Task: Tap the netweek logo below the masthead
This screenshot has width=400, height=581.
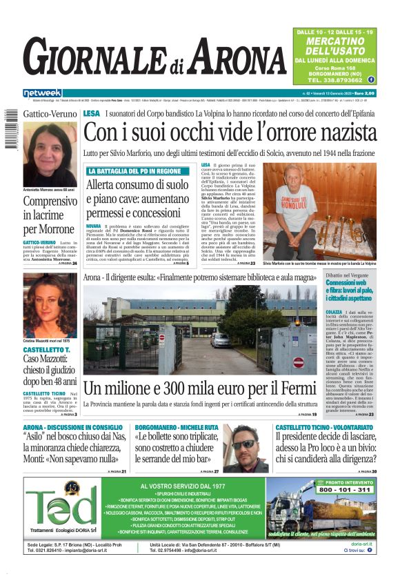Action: [x=42, y=93]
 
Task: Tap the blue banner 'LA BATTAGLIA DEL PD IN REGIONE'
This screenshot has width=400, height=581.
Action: [x=135, y=170]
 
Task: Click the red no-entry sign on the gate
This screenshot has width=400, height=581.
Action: [x=298, y=362]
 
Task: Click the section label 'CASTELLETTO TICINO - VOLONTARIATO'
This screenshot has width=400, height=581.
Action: [x=323, y=428]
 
